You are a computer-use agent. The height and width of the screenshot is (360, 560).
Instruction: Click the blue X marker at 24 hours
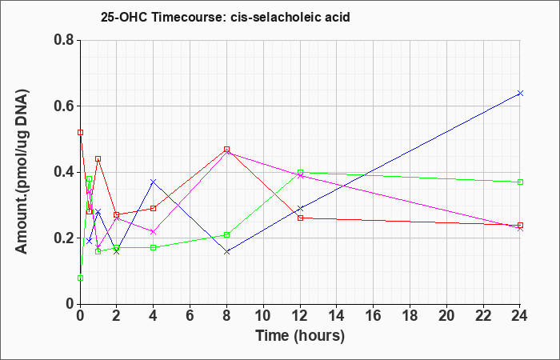click(520, 94)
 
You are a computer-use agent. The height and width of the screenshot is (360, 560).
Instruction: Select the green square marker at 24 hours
click(520, 182)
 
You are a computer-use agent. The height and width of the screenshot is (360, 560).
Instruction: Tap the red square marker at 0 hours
click(80, 133)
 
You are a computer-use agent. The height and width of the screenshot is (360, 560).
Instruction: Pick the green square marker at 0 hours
click(80, 278)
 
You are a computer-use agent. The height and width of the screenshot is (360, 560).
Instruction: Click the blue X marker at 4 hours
click(154, 182)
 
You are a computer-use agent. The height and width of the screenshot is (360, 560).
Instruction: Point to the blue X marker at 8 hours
click(226, 252)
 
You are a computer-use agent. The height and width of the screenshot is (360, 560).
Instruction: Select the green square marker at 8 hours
click(226, 234)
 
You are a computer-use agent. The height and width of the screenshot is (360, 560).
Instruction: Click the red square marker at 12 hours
click(300, 218)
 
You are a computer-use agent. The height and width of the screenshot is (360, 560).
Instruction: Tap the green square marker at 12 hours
click(300, 172)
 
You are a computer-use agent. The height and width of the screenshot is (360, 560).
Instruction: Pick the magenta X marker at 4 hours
click(154, 232)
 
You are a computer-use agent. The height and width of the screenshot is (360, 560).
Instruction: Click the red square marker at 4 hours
click(154, 208)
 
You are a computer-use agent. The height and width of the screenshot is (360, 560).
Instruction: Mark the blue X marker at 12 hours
click(300, 208)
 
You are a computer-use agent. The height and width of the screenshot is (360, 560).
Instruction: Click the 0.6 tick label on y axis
click(64, 106)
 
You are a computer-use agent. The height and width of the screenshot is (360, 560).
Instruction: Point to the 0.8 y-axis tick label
click(64, 40)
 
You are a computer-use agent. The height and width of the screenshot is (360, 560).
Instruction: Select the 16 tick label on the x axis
click(374, 316)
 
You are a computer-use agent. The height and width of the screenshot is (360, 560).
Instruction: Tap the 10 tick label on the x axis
click(263, 316)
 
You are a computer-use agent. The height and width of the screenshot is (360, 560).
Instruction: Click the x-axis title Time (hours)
click(300, 336)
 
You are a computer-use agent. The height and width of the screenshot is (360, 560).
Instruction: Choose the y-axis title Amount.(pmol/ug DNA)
click(22, 172)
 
